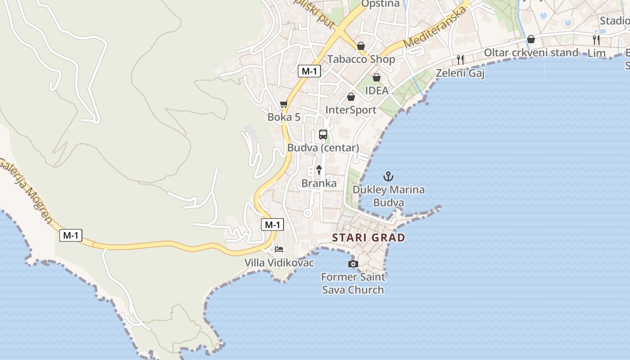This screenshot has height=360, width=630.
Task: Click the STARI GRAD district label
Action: (369, 238)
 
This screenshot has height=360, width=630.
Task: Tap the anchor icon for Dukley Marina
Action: (388, 176)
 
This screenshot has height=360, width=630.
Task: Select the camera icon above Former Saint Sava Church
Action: (353, 264)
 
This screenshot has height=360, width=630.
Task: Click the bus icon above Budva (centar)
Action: (323, 134)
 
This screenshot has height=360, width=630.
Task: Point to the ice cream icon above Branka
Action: (319, 170)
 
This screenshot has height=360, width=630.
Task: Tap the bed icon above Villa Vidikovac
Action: (279, 249)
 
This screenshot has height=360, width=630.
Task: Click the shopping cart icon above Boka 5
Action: (283, 104)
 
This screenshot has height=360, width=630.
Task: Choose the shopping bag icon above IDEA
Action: (377, 77)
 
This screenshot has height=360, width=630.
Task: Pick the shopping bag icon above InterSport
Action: (351, 97)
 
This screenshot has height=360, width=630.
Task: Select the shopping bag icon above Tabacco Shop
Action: (361, 46)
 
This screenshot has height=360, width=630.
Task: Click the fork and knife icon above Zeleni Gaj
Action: (460, 59)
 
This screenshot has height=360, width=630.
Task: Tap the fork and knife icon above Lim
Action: (596, 40)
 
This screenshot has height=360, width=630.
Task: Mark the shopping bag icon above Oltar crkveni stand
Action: (531, 39)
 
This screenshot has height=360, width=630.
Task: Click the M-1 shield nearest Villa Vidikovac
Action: (272, 225)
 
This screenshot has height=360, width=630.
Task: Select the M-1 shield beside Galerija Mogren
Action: (71, 235)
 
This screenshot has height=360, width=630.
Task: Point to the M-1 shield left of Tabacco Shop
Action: (309, 71)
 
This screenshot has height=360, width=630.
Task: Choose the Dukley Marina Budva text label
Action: (388, 196)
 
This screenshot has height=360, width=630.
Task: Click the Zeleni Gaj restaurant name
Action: (460, 73)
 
